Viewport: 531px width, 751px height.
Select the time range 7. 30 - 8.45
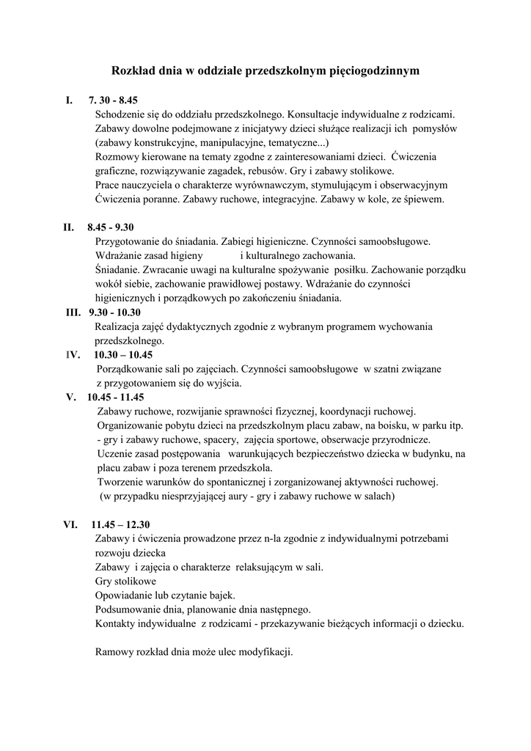(114, 100)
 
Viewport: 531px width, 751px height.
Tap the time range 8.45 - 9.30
(111, 227)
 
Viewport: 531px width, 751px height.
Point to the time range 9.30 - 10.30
(115, 312)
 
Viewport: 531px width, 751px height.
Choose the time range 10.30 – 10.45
(123, 354)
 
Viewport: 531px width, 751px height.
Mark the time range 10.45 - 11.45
(115, 397)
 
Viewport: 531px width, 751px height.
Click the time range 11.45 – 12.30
(120, 524)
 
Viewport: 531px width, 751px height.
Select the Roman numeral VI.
(71, 524)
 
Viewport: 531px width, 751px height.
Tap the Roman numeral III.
(73, 312)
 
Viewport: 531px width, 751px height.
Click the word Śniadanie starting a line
(117, 270)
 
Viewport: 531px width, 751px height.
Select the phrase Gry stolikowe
(120, 581)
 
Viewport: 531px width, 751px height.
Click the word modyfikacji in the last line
(266, 652)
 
